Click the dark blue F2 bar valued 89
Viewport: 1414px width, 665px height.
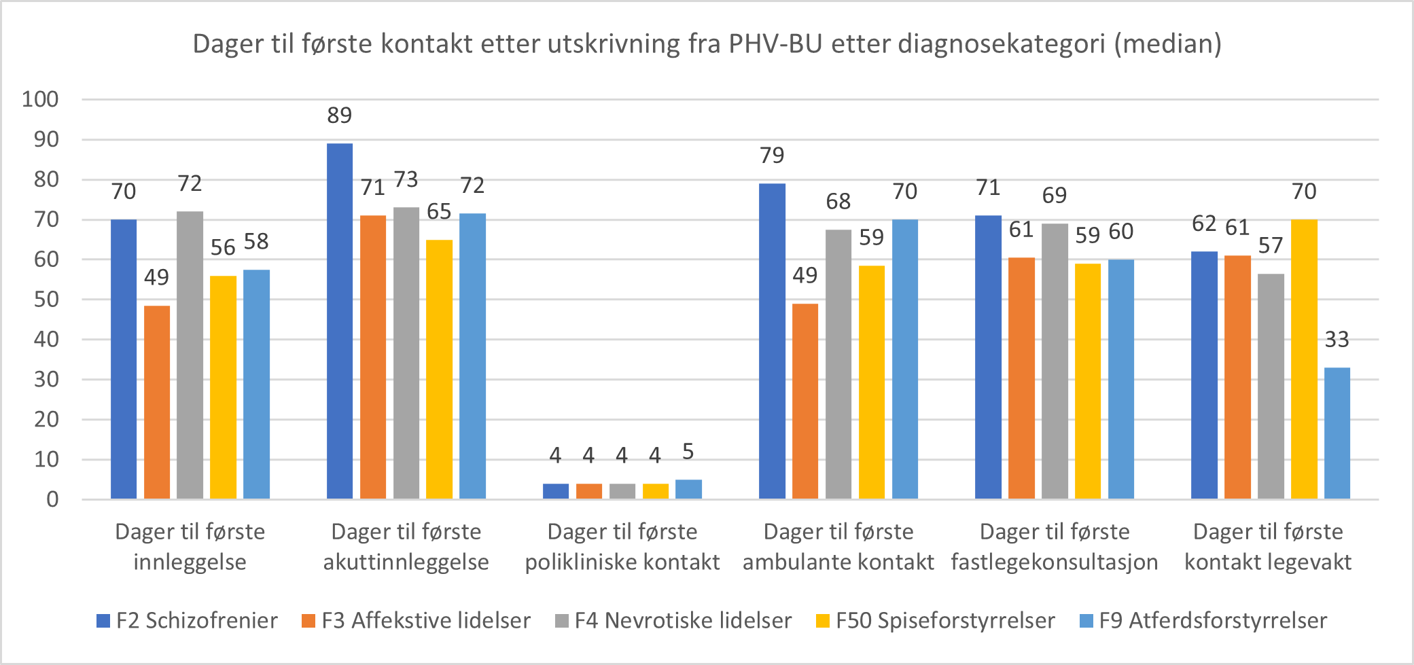click(x=340, y=321)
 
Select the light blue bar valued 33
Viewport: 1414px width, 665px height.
click(x=1337, y=433)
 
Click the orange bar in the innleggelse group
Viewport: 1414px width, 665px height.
click(x=157, y=402)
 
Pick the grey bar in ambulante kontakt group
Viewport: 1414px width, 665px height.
click(x=838, y=364)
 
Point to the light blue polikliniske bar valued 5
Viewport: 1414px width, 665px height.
click(x=688, y=489)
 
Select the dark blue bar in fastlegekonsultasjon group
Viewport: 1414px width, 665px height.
click(x=988, y=357)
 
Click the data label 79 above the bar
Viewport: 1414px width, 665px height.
click(x=772, y=156)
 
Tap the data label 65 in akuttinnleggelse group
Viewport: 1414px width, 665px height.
click(x=439, y=212)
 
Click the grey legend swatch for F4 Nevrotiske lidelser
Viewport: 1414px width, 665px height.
click(x=561, y=621)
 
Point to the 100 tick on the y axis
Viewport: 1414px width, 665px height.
click(x=41, y=99)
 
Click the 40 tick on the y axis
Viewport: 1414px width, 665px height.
click(x=46, y=339)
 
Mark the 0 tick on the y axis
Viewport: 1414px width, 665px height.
click(x=52, y=499)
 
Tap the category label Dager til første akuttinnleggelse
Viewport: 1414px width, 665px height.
click(x=406, y=547)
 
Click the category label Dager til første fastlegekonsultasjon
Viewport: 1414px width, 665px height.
click(x=1054, y=547)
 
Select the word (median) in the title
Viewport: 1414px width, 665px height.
click(x=1167, y=44)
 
